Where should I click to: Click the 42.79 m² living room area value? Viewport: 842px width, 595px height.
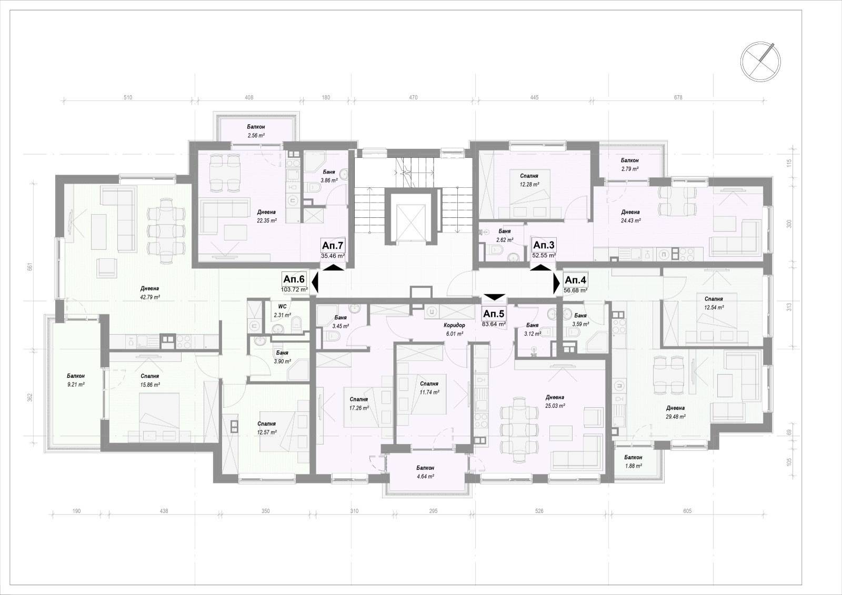[x=149, y=297]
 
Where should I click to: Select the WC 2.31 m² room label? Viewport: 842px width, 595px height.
[x=282, y=311]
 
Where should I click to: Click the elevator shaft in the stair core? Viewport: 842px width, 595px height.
[x=412, y=219]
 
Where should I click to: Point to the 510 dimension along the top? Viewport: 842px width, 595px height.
[x=128, y=97]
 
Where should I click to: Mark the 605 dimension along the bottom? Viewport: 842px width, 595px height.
[x=687, y=511]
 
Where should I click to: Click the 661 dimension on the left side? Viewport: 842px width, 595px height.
[x=31, y=267]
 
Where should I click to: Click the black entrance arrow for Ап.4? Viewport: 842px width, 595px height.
[x=556, y=283]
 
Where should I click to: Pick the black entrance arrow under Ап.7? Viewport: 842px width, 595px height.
[x=333, y=267]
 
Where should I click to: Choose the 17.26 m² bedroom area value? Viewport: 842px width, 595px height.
[x=358, y=408]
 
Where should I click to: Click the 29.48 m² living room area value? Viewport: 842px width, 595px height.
[x=675, y=417]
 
